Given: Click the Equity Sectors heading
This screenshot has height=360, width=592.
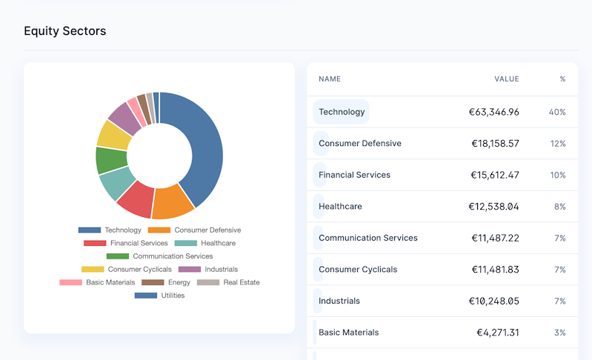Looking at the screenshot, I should pyautogui.click(x=64, y=31).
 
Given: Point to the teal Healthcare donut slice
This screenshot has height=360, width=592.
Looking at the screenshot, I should pyautogui.click(x=116, y=183).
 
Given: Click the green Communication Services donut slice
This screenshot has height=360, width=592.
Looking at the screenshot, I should pyautogui.click(x=111, y=160).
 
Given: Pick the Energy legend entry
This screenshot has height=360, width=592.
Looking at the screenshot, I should pyautogui.click(x=168, y=282).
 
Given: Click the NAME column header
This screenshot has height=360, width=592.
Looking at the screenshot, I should pyautogui.click(x=330, y=79).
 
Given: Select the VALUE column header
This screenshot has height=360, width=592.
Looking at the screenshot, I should pyautogui.click(x=507, y=79).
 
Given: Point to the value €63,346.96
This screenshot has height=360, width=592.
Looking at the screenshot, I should pyautogui.click(x=493, y=112).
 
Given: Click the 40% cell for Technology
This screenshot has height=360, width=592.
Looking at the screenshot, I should pyautogui.click(x=557, y=112).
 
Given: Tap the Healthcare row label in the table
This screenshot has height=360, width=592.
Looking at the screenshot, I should pyautogui.click(x=340, y=206).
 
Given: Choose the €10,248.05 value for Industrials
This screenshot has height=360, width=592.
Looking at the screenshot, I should pyautogui.click(x=493, y=301).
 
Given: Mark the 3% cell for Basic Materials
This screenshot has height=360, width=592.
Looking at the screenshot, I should pyautogui.click(x=559, y=333).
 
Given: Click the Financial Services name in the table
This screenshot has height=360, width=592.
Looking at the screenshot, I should pyautogui.click(x=354, y=175).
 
